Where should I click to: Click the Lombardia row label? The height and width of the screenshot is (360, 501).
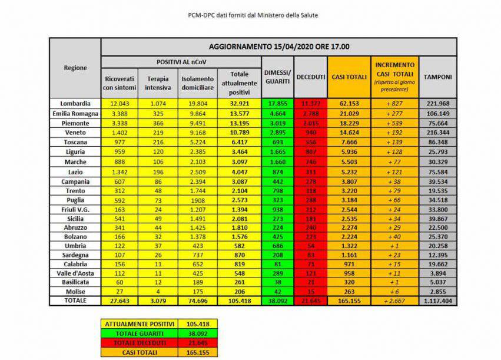[x=75, y=103]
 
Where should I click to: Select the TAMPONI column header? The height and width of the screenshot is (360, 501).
[x=438, y=77]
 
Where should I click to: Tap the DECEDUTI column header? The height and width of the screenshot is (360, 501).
[x=311, y=77]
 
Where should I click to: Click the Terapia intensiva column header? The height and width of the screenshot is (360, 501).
[x=158, y=83]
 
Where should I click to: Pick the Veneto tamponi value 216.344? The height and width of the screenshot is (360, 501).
[x=438, y=133]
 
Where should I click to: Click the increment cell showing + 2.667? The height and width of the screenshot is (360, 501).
[x=394, y=300]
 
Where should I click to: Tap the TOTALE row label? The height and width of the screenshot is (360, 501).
[x=75, y=300]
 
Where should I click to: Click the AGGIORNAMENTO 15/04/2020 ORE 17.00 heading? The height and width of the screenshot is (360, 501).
[x=278, y=47]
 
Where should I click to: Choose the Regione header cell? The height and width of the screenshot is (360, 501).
[x=75, y=67]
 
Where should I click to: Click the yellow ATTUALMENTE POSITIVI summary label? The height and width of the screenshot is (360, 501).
[x=139, y=323]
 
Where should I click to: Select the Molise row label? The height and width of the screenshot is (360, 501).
[x=75, y=291]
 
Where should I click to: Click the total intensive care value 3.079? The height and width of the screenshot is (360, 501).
[x=158, y=300]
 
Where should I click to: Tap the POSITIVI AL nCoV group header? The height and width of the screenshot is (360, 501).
[x=181, y=62]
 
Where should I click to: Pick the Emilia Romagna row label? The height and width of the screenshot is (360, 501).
[x=75, y=113]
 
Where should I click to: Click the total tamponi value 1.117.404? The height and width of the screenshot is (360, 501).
[x=438, y=300]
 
